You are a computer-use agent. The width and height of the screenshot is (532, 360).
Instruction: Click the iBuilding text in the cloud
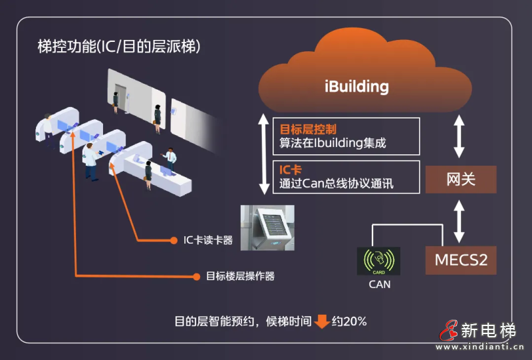356,87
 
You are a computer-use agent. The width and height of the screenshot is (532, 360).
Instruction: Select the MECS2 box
460,259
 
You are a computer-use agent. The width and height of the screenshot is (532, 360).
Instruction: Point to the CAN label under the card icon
379,285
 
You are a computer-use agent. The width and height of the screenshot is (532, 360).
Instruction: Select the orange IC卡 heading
291,170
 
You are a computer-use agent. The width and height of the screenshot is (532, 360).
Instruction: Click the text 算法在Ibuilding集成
332,142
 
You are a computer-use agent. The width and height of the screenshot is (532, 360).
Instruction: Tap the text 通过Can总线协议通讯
336,184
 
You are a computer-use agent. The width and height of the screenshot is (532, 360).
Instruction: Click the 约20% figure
350,321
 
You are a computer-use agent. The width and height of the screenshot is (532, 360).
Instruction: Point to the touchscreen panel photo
267,228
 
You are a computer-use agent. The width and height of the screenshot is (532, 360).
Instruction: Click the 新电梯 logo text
488,330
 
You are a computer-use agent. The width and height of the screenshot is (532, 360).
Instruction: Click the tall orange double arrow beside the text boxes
264,156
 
